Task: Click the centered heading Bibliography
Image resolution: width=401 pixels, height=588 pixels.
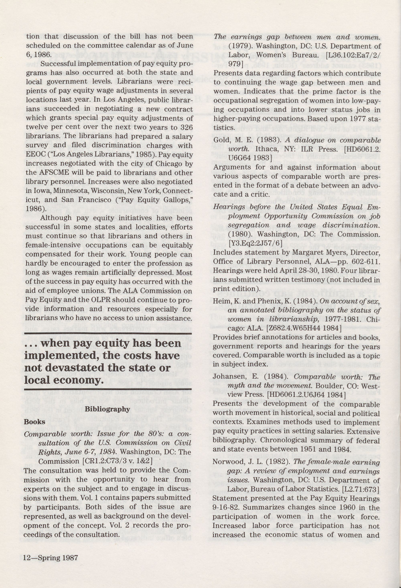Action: [107, 409]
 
